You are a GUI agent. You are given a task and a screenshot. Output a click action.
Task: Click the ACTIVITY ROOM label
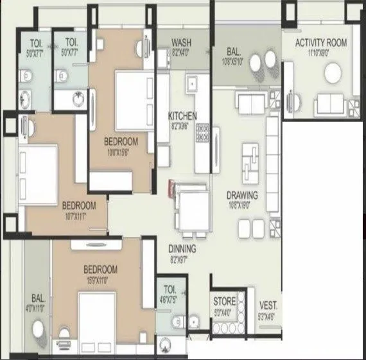coord(320,43)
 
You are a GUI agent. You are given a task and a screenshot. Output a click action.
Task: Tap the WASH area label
coord(181,43)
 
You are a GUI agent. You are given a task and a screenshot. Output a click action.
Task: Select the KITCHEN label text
coord(182,116)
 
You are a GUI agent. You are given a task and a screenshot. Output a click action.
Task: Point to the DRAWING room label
coord(241,195)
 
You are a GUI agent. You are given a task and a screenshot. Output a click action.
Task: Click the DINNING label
coord(182,249)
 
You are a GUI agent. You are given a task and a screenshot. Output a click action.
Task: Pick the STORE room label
coord(224,301)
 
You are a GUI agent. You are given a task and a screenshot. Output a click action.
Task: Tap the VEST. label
coord(268,305)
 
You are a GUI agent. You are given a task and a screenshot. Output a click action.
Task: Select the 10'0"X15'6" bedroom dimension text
coord(121,151)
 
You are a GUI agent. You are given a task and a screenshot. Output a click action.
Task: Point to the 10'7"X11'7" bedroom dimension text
coord(79,216)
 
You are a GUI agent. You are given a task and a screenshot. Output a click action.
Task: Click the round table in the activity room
coord(335,75)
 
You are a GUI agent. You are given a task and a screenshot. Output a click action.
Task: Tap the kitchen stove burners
coord(203,133)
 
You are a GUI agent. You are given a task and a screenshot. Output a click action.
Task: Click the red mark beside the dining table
coord(171,188)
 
